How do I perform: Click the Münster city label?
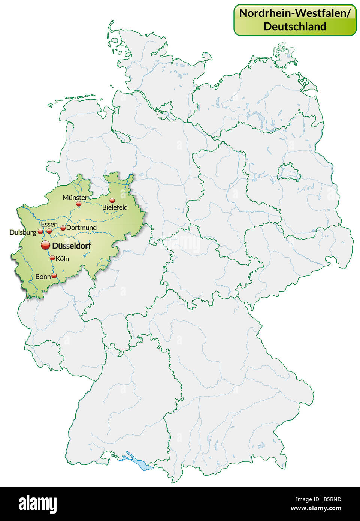point(75,197)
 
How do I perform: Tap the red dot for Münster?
point(79,204)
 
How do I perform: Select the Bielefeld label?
point(115,207)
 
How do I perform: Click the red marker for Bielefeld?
point(112,201)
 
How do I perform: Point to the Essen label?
point(49,224)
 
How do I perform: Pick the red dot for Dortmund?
point(63,228)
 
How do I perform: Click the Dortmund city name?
point(81,228)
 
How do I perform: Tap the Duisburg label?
point(23,232)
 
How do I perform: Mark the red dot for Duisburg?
point(40,232)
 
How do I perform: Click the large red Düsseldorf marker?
point(45,245)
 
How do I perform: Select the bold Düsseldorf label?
point(72,246)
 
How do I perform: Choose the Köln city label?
point(63,259)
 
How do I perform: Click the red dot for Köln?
point(52,258)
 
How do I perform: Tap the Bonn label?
point(43,277)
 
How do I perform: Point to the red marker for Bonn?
point(54,276)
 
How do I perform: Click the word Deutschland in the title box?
point(295,26)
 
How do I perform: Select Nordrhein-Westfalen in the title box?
point(295,13)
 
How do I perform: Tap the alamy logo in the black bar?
point(38,503)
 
